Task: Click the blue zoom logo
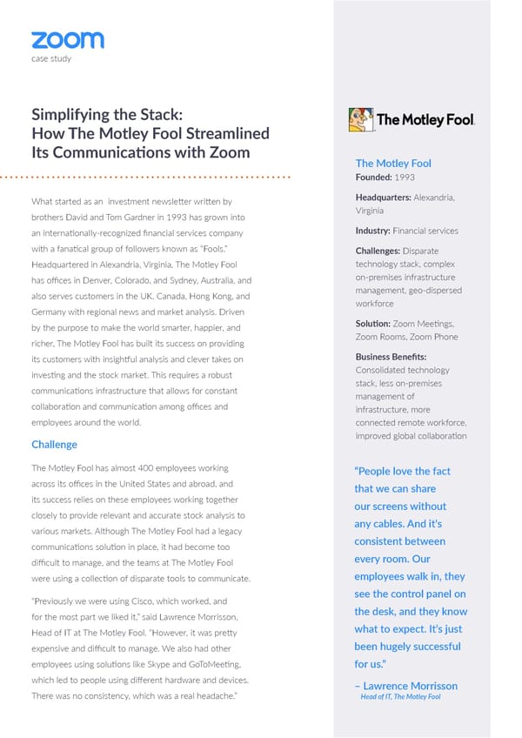67,40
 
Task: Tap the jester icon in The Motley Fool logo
360,119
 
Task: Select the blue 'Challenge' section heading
54,444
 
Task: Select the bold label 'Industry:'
372,231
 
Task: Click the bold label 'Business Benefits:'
391,357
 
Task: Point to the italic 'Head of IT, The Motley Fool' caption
400,697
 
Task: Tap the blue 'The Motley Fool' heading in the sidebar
393,163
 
